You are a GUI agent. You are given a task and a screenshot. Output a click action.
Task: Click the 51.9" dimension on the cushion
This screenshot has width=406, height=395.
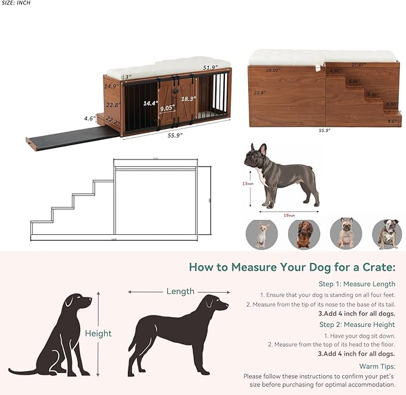click(x=209, y=68)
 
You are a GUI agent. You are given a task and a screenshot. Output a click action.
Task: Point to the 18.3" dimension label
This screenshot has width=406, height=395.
click(x=188, y=99)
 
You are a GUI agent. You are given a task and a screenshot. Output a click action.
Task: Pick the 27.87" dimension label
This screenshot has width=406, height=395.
click(x=359, y=65)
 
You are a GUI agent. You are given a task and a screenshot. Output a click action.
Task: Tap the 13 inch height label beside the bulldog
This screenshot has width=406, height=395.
click(x=247, y=183)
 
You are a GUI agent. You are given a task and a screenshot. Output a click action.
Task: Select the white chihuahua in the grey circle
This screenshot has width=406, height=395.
click(x=261, y=234)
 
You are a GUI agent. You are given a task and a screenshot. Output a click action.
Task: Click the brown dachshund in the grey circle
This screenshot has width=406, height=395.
click(x=304, y=234)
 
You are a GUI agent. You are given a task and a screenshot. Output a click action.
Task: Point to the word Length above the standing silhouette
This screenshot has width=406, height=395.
click(x=180, y=292)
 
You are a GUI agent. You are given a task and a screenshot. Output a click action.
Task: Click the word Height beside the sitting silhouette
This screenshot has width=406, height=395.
click(x=98, y=333)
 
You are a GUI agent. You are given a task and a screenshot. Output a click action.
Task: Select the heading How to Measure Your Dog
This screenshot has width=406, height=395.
click(x=292, y=267)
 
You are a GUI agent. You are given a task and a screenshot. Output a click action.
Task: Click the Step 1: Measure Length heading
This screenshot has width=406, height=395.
click(x=357, y=284)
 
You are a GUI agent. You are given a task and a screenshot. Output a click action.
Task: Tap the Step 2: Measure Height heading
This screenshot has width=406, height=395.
click(x=357, y=324)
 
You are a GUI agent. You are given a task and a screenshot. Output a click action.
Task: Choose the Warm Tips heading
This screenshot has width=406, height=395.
click(x=377, y=365)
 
